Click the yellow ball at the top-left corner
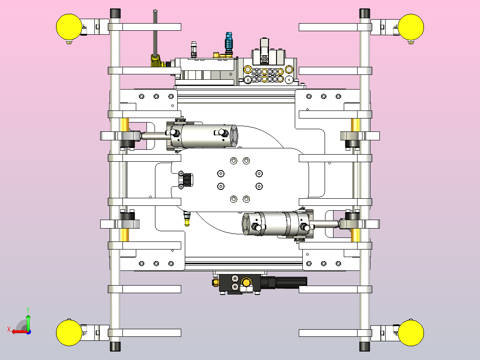tap(69, 27)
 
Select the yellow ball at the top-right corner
tap(411, 27)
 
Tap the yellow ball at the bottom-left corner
tap(69, 333)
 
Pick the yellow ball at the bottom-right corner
tap(411, 333)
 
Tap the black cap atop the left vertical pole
tap(115, 13)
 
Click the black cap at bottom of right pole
tap(365, 347)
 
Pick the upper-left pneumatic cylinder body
tap(204, 136)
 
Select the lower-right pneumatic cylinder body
tap(276, 224)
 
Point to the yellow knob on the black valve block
tap(246, 282)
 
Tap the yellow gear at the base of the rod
tap(156, 61)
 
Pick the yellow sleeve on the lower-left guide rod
tap(125, 235)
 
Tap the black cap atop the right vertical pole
tap(365, 13)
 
